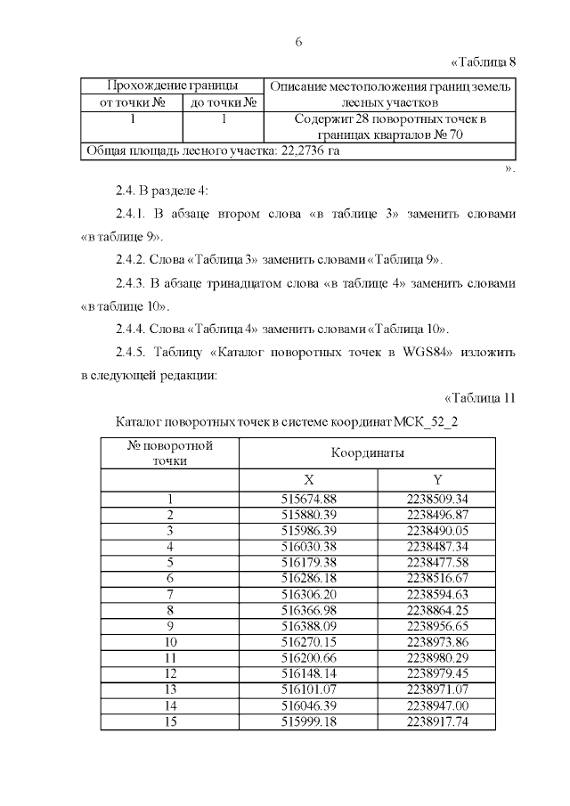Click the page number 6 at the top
[298, 42]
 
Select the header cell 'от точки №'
[132, 102]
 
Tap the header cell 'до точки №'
[223, 102]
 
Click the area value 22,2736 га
[310, 151]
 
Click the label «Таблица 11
[479, 397]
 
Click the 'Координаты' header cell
[368, 452]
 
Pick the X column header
[309, 479]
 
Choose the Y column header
[437, 479]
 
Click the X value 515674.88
[309, 499]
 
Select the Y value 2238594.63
[437, 593]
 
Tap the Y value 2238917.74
[437, 721]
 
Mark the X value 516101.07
[309, 689]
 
